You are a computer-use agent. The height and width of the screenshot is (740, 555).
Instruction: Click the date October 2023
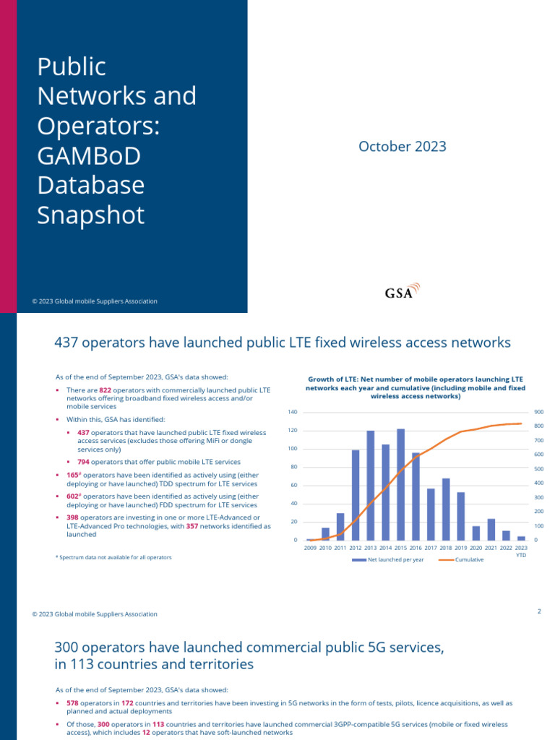403,147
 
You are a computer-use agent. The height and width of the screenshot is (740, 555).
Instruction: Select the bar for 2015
400,484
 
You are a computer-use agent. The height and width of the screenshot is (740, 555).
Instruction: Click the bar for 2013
370,485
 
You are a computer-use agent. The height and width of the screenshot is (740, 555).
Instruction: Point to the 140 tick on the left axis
293,412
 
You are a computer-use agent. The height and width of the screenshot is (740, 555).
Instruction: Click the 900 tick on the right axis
539,412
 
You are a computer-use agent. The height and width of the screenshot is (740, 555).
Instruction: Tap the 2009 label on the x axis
310,548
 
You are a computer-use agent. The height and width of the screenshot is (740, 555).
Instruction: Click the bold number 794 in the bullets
83,462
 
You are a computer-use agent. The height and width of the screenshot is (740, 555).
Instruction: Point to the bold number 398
72,517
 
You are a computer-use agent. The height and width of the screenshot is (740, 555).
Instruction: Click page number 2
539,611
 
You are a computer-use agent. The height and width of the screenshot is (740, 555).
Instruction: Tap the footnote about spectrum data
113,557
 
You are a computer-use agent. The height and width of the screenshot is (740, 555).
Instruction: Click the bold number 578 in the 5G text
72,702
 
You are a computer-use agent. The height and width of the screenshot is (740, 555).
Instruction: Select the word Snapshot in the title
91,215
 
